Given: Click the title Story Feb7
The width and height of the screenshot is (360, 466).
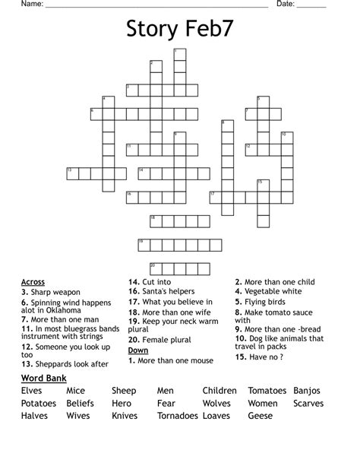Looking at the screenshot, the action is click(x=179, y=30).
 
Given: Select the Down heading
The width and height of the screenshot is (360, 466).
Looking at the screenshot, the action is click(x=138, y=350).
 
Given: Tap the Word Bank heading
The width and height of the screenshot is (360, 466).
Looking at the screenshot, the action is click(x=43, y=378).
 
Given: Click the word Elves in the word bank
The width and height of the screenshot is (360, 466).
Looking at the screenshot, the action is click(x=32, y=391).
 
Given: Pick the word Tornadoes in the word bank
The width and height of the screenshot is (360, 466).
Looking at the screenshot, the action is click(x=178, y=416).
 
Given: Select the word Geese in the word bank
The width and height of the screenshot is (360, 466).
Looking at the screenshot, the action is click(x=260, y=416).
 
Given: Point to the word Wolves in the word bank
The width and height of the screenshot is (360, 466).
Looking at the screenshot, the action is click(x=216, y=404).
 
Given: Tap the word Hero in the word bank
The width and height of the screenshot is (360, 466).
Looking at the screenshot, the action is click(x=122, y=404).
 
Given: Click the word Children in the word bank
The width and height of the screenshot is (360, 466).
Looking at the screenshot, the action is click(x=219, y=391).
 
